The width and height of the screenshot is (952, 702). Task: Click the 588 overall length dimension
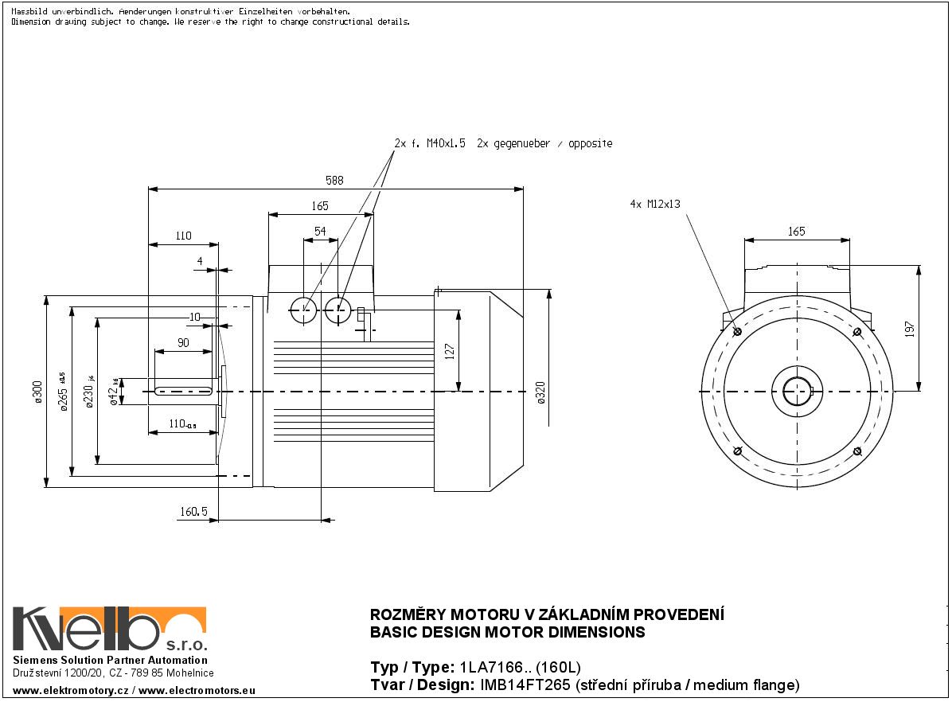coord(334,181)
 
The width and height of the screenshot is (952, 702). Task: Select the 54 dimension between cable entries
coord(320,231)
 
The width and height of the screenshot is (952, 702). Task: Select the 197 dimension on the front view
coord(910,329)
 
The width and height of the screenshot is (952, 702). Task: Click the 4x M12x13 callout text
coord(655,204)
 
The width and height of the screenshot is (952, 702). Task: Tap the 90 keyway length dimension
coord(182,343)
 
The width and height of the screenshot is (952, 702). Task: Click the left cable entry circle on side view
coord(303,310)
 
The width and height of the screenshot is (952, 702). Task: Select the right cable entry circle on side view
coord(337,310)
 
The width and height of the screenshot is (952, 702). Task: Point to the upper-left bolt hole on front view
coord(736,332)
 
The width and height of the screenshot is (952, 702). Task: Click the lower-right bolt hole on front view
coord(856,451)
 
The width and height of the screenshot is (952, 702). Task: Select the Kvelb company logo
coord(110,630)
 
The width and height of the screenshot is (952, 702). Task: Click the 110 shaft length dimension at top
coord(183,236)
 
